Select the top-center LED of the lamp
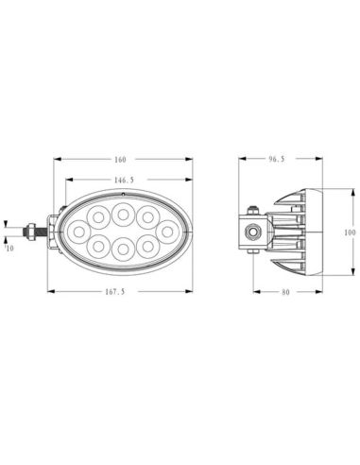point(122,214)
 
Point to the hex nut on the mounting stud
point(33,231)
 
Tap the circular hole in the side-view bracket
point(253,231)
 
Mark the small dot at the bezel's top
point(122,193)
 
